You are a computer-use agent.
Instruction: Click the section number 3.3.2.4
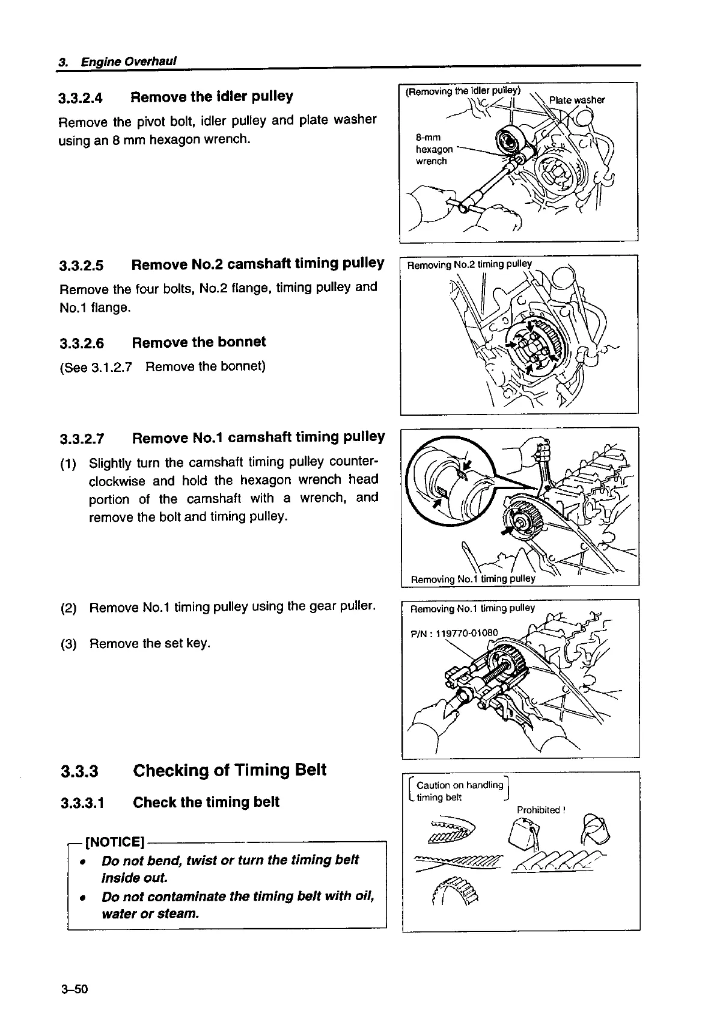tap(81, 98)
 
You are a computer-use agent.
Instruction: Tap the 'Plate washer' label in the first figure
tap(576, 100)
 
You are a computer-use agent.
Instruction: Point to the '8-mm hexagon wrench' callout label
tap(434, 149)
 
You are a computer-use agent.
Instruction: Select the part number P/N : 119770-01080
tap(454, 633)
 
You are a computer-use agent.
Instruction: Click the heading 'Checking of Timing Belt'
tap(230, 770)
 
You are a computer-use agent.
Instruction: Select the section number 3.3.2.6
tap(82, 344)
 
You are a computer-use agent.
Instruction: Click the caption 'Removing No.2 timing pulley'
tap(469, 264)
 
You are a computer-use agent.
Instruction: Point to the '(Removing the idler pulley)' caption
tap(463, 91)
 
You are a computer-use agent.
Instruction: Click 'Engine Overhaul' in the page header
tap(128, 62)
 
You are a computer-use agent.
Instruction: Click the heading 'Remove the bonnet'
tap(199, 342)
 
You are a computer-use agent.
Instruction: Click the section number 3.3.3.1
tap(82, 803)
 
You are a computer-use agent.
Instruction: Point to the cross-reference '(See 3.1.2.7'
tap(96, 367)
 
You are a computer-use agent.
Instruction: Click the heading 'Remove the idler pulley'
tap(212, 97)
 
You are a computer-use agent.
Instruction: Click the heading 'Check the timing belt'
tap(206, 802)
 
